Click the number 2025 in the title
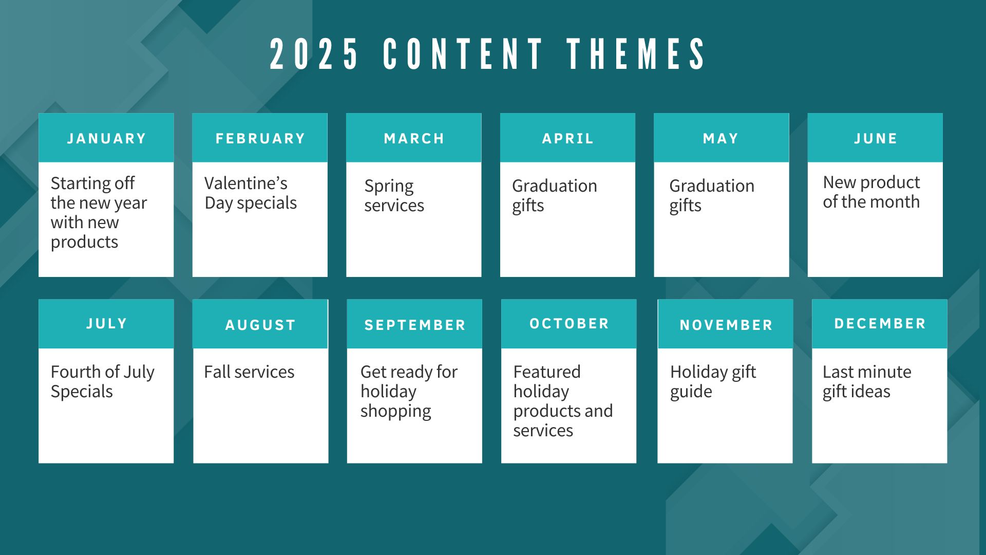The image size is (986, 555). click(x=314, y=54)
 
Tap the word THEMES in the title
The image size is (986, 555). click(x=636, y=54)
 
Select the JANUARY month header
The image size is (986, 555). click(x=107, y=139)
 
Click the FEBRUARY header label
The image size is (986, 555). click(x=260, y=139)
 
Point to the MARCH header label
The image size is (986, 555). click(x=414, y=139)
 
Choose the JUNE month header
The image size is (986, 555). click(x=876, y=139)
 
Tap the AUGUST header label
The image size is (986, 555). click(x=260, y=325)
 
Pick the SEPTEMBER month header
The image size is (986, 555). click(x=415, y=325)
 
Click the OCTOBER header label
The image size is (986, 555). click(x=569, y=324)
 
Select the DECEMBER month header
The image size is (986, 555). click(x=880, y=324)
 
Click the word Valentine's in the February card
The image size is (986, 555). click(x=246, y=183)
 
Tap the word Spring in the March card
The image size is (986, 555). click(x=389, y=187)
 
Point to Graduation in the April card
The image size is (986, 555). click(x=555, y=186)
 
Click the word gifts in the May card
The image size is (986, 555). click(x=685, y=206)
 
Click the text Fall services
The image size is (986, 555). click(x=249, y=372)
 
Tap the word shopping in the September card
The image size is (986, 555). click(x=396, y=412)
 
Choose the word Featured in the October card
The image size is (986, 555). click(x=547, y=372)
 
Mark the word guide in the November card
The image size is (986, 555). click(x=691, y=392)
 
